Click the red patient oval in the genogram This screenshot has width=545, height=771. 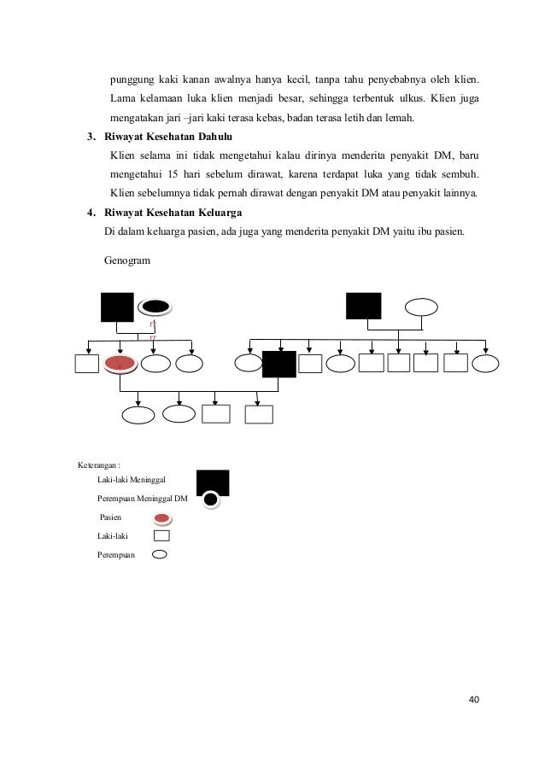pos(120,364)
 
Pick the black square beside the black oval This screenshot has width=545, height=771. pos(117,307)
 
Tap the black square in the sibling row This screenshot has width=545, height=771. pos(278,364)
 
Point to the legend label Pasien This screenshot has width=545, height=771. pos(110,517)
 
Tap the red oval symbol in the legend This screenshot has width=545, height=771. pos(161,518)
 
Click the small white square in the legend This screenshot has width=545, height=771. pos(161,536)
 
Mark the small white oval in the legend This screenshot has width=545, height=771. pos(160,554)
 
